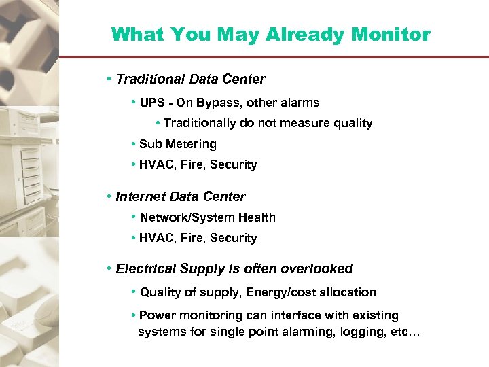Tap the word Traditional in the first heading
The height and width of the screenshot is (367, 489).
click(151, 80)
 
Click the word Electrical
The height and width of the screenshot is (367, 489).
click(145, 269)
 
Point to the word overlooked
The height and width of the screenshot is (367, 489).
click(318, 269)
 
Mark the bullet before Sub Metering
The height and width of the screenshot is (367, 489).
click(134, 144)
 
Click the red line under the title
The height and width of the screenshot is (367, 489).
click(272, 57)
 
